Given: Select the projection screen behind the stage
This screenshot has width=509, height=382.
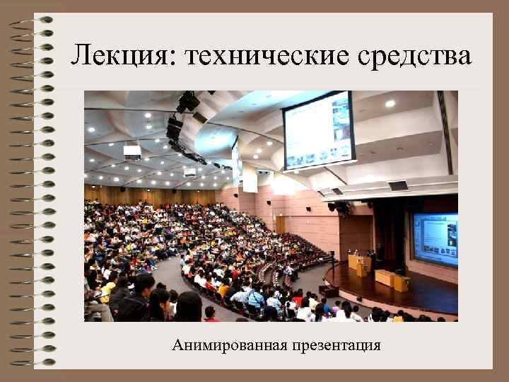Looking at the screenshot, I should coord(435,239).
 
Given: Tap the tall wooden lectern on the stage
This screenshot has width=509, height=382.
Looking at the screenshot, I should coord(360,264).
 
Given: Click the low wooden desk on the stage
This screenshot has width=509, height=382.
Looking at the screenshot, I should coord(392,280).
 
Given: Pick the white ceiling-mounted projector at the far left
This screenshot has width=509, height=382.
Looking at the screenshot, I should coord(132,151).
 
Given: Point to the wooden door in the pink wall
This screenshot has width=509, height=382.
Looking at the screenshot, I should coord(281,224).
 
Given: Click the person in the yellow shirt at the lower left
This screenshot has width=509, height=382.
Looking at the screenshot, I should coord(107,288).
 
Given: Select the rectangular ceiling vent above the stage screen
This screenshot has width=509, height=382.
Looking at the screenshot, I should coord(398,186).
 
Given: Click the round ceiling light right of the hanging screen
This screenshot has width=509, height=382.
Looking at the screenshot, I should coord(390,103).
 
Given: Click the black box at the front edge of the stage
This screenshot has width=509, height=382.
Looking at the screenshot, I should coord(329,290).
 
